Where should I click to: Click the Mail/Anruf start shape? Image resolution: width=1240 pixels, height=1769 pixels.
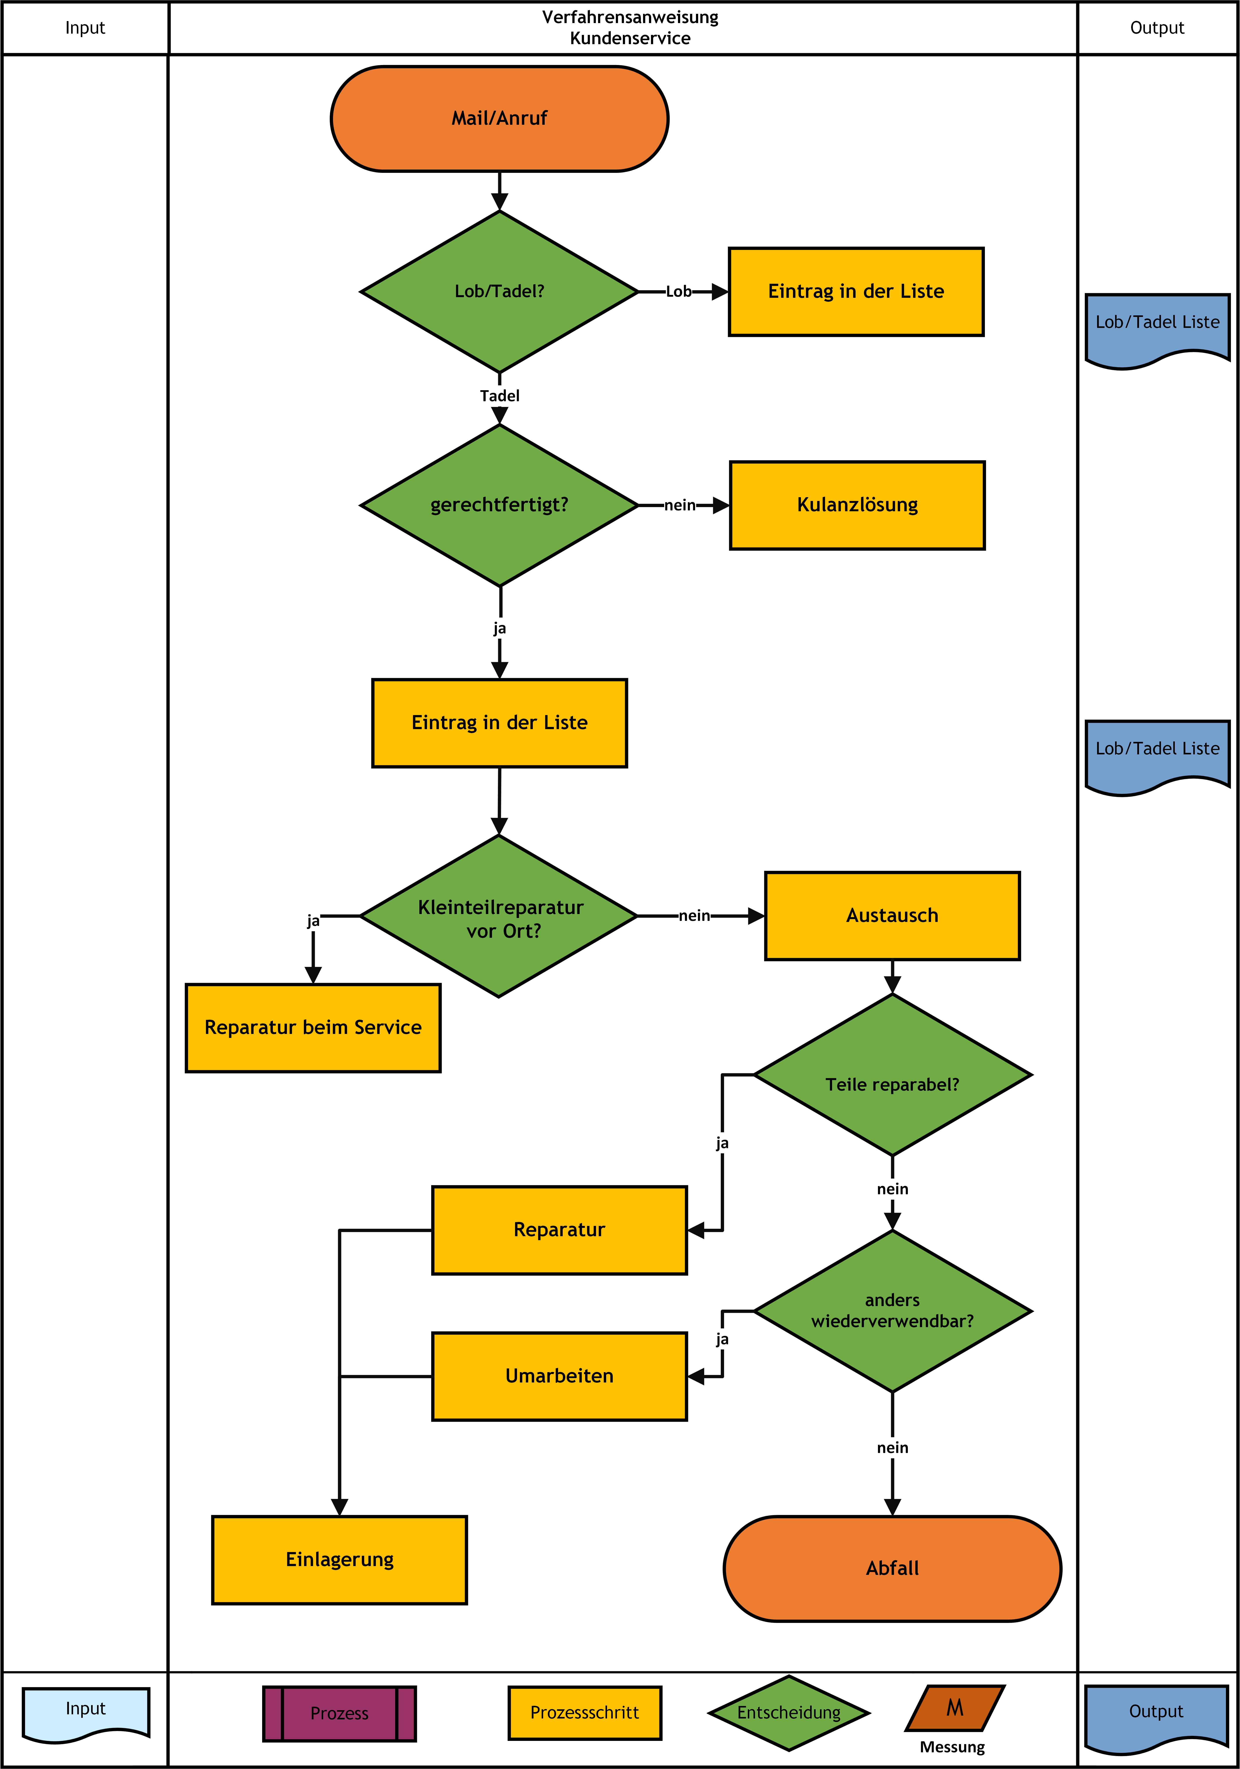tap(499, 119)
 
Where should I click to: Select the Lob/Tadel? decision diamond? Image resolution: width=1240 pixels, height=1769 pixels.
tap(499, 291)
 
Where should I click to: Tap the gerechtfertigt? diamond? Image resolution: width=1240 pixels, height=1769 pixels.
tap(499, 505)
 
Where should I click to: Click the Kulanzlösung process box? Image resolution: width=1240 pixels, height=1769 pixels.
tap(857, 505)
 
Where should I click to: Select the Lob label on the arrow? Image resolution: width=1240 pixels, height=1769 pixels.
tap(679, 291)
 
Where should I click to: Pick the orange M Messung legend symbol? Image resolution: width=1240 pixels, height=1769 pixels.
tap(955, 1708)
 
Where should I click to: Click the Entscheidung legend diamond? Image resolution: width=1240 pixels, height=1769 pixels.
tap(789, 1713)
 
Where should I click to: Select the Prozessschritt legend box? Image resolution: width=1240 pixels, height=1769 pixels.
tap(585, 1713)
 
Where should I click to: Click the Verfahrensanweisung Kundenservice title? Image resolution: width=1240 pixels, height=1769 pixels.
tap(630, 28)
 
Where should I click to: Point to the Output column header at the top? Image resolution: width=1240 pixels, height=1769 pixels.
tap(1157, 28)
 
